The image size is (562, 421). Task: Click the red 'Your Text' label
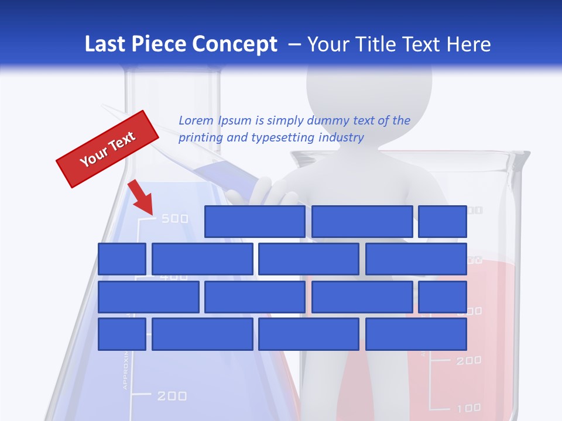(107, 149)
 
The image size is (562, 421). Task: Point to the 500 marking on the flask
(174, 219)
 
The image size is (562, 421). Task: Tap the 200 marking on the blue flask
(172, 396)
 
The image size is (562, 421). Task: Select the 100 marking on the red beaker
(468, 408)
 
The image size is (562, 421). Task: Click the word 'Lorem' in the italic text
(196, 121)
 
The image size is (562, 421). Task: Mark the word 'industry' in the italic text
(341, 138)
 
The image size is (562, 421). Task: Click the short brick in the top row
(443, 222)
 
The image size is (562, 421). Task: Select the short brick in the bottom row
(122, 334)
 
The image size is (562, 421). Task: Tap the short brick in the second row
(122, 259)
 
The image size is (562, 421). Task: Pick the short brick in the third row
(443, 297)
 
